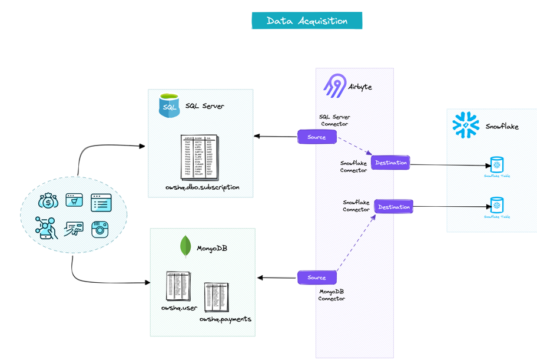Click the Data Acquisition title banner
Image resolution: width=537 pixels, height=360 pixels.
point(307,21)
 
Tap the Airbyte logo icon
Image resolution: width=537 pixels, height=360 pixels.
point(334,86)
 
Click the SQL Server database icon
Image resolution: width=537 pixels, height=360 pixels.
point(169,105)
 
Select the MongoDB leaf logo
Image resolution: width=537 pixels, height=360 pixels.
point(185,246)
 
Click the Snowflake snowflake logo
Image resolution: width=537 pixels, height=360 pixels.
point(466,125)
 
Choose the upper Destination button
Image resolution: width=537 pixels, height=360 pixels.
point(390,163)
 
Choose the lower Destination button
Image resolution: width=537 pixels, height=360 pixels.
point(393,207)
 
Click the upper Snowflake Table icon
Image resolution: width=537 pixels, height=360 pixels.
point(497,164)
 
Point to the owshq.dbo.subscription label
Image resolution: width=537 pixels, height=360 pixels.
point(202,187)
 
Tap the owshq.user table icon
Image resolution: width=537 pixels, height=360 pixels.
point(178,286)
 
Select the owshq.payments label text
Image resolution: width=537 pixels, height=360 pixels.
point(225,319)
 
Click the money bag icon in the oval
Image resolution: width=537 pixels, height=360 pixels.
point(48,202)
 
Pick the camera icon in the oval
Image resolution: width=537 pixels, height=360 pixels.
point(100,229)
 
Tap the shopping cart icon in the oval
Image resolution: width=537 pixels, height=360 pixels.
point(74,200)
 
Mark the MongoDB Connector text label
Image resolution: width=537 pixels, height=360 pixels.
point(332,295)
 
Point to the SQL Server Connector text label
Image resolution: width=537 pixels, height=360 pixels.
point(334,120)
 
